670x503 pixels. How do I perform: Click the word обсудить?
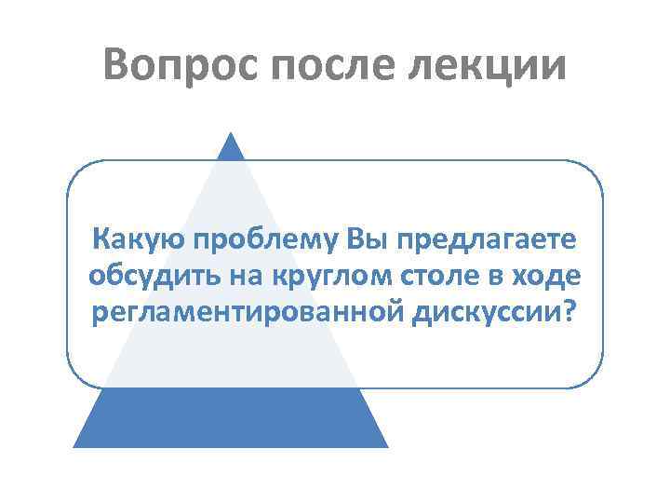pyautogui.click(x=149, y=276)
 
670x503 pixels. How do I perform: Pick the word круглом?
pyautogui.click(x=326, y=276)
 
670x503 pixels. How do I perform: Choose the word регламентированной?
pyautogui.click(x=246, y=310)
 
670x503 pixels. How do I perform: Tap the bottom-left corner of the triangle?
pyautogui.click(x=75, y=445)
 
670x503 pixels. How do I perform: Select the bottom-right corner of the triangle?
pyautogui.click(x=386, y=445)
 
